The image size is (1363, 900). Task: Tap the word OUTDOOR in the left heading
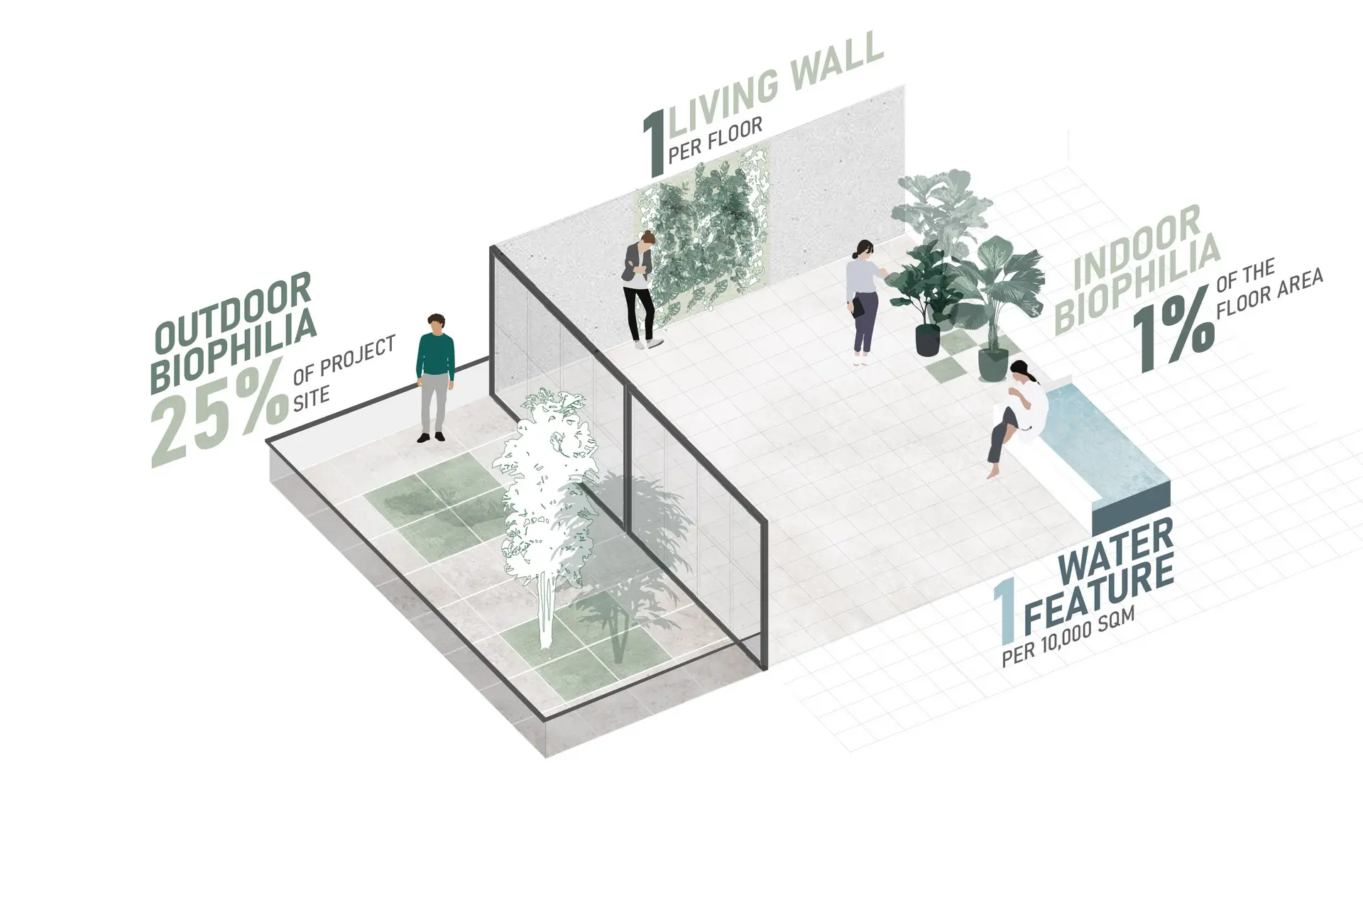pos(233,313)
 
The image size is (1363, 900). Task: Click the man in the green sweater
pos(434,377)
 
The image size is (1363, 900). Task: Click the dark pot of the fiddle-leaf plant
pos(927,339)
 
